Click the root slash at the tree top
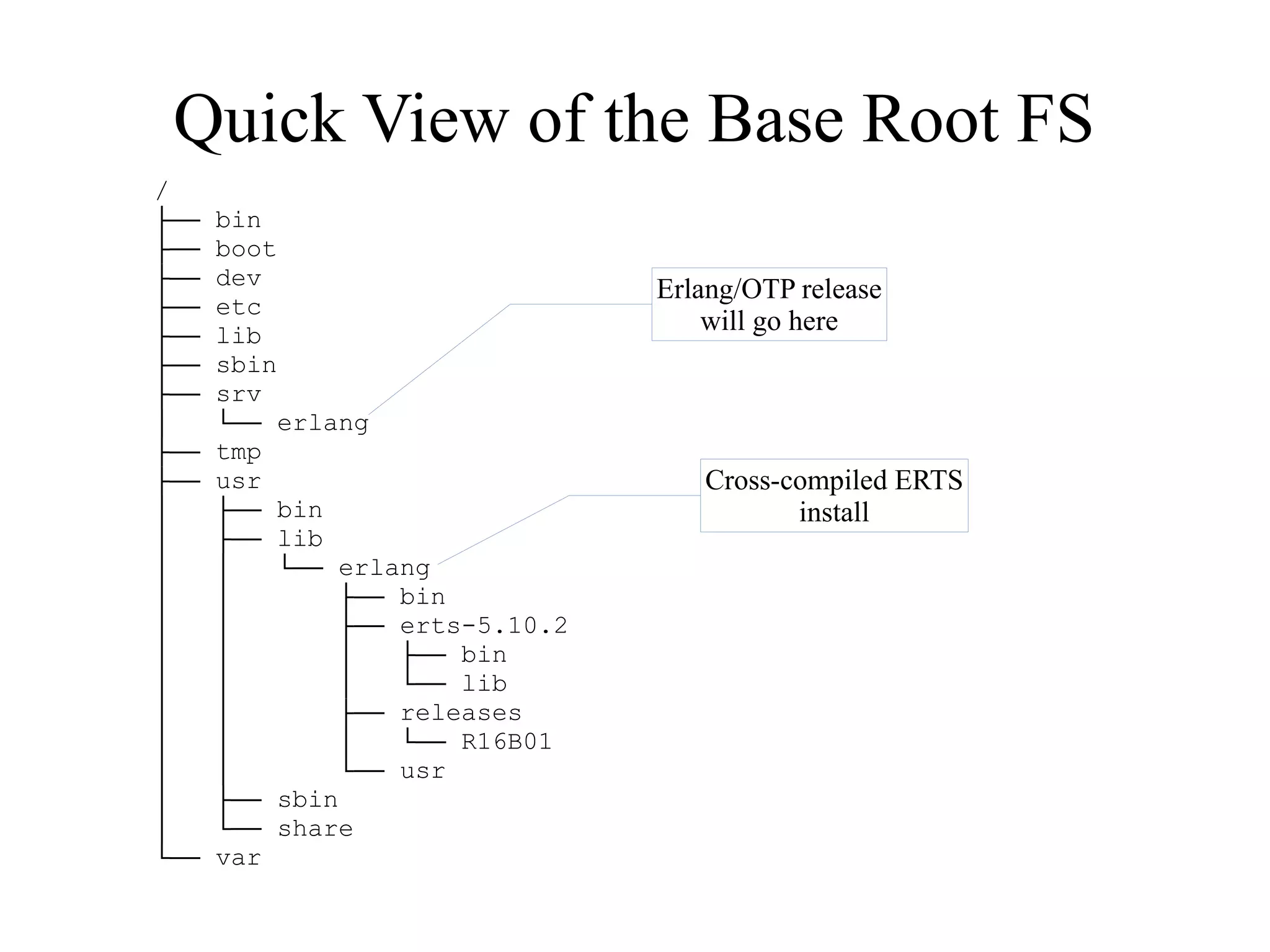pos(162,190)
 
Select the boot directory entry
pos(246,249)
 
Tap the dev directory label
pos(239,278)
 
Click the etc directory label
pos(239,307)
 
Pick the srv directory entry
pos(239,394)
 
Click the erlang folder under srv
pos(322,423)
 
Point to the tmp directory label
pos(239,452)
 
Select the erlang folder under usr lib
pos(384,568)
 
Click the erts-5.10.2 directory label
pos(484,626)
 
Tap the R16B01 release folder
pos(506,742)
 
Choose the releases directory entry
pos(461,713)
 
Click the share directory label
pos(315,829)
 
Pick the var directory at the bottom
pos(239,858)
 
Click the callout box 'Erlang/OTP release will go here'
pos(769,305)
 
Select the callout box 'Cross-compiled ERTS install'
pos(834,496)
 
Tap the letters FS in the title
pos(1054,119)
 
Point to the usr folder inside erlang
pos(422,771)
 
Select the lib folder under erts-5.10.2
pos(484,684)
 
